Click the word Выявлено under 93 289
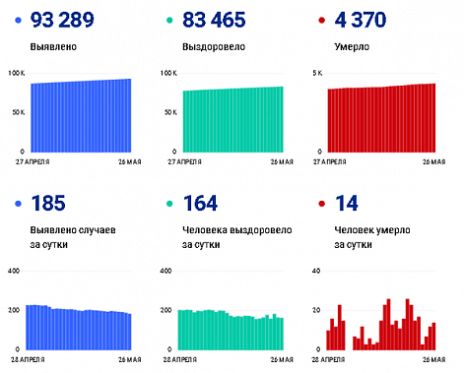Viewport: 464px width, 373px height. pyautogui.click(x=53, y=46)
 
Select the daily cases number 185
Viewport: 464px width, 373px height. pyautogui.click(x=50, y=205)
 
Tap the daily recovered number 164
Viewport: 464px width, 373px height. pyautogui.click(x=200, y=205)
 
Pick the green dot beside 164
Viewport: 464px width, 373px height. pyautogui.click(x=167, y=206)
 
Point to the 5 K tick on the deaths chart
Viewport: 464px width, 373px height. pyautogui.click(x=316, y=74)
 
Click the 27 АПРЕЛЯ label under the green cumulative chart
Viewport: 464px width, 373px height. pyautogui.click(x=179, y=160)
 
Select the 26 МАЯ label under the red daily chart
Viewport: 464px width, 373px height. pyautogui.click(x=431, y=358)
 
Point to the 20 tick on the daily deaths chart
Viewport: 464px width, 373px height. pyautogui.click(x=315, y=310)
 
